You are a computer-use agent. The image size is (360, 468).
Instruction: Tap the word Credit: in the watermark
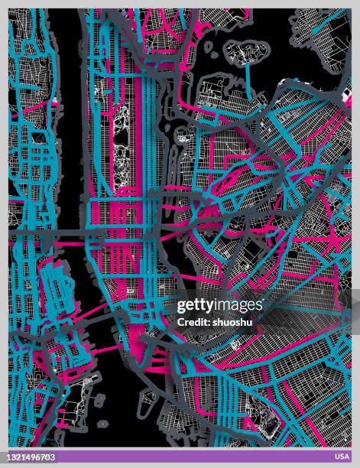(x=186, y=321)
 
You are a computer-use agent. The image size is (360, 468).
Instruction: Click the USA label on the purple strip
(x=342, y=457)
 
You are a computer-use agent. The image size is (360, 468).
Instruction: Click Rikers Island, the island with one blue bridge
(x=246, y=51)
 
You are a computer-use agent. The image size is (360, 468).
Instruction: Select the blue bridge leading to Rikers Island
(x=248, y=76)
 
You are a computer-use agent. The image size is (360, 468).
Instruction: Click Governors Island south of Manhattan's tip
(x=149, y=398)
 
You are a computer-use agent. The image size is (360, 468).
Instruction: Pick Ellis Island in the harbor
(x=99, y=398)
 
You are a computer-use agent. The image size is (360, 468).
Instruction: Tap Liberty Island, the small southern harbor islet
(x=102, y=423)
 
